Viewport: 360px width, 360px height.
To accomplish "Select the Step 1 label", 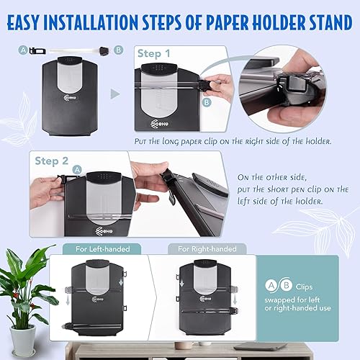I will [159, 53].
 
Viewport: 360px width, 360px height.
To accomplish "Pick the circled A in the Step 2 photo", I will [76, 168].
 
